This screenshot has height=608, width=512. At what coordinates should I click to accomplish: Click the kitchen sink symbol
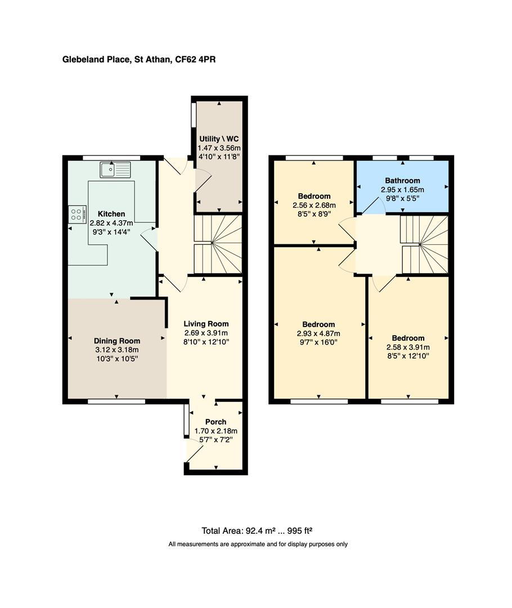(x=115, y=169)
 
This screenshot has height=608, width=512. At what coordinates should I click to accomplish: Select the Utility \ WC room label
(x=219, y=139)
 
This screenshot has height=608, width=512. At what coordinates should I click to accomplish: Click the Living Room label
(x=206, y=324)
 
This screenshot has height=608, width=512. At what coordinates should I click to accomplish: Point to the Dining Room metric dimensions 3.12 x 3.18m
(x=117, y=350)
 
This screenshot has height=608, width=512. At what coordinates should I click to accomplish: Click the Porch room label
(x=216, y=422)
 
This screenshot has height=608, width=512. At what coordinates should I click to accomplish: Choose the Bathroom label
(x=402, y=181)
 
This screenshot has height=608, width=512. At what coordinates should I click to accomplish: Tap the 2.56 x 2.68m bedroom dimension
(x=315, y=205)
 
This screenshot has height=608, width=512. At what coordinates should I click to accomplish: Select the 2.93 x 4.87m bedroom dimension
(x=318, y=333)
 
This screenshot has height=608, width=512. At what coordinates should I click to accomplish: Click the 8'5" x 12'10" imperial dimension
(x=408, y=356)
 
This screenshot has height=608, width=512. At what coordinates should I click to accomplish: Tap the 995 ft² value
(x=299, y=531)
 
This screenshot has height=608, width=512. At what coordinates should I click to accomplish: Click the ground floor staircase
(x=218, y=244)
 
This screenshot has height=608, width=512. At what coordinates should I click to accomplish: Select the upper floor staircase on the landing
(x=425, y=244)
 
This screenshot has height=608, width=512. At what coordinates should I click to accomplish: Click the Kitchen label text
(x=111, y=214)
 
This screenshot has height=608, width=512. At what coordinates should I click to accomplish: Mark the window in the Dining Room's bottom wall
(x=116, y=402)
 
